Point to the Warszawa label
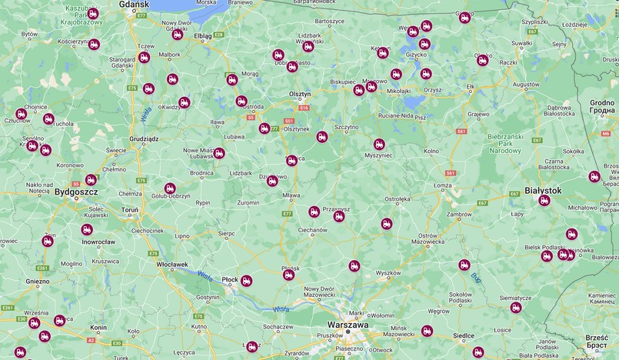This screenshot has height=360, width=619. pos(348,325)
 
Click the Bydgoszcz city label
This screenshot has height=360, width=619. pos(75,192)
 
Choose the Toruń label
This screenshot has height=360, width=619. pos(129,209)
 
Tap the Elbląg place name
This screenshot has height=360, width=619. pos(202,35)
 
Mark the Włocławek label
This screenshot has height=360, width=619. pos(171,264)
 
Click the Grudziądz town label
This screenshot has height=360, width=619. pos(144,139)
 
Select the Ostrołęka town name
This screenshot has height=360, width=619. pos(398,198)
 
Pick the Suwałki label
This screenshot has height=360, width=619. pos(521,43)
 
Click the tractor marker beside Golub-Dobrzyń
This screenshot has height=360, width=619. pos(170,188)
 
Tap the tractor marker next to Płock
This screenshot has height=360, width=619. pos(246,281)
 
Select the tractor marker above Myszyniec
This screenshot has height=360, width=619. pos(379,144)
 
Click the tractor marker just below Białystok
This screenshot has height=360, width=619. pos(544,201)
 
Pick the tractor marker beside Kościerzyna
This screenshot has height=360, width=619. pos(94,45)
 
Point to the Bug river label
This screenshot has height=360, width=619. pos(476,275)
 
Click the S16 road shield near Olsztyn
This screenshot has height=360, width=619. pos(304,108)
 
